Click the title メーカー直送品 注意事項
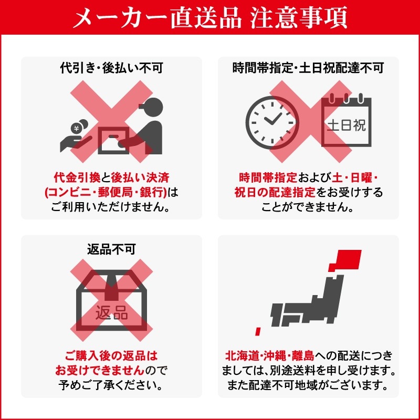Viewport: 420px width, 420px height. tap(210, 17)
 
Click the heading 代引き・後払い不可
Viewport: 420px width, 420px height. tap(111, 68)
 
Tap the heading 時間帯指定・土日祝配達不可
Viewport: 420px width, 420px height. tap(308, 68)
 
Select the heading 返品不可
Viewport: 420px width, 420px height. tap(111, 247)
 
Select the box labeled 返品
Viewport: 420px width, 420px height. tap(111, 307)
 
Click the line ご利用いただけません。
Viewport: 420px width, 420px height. tap(111, 206)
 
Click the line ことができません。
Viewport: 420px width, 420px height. tap(308, 206)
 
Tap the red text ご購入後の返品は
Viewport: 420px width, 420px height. tap(111, 355)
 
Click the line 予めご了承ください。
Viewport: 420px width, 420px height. tap(111, 385)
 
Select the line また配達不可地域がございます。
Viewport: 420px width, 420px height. tap(308, 385)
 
